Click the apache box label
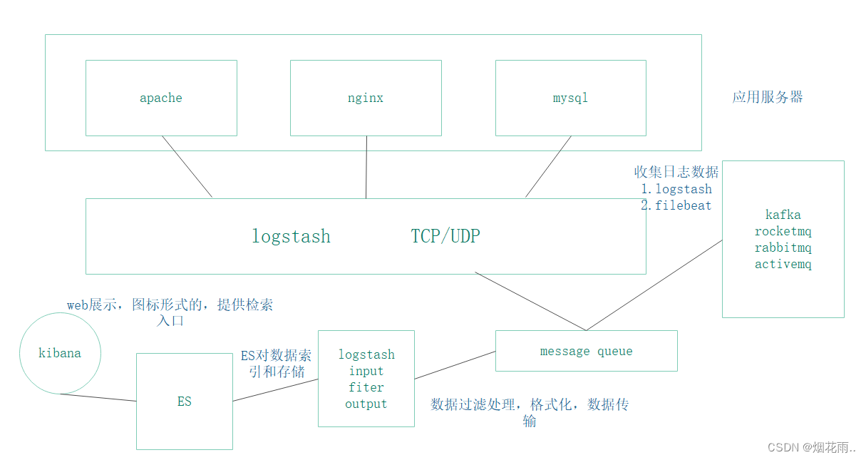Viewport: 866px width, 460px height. point(160,98)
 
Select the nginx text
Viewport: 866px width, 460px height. point(365,98)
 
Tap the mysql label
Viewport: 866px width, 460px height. point(570,98)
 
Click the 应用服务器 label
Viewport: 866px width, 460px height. point(767,98)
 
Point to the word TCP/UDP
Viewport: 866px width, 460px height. point(445,237)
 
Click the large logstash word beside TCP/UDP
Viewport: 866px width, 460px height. point(291,237)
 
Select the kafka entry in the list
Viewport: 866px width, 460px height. point(783,215)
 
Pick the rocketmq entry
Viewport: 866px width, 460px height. point(783,232)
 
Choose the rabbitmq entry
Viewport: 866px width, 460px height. point(783,248)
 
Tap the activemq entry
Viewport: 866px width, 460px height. point(783,265)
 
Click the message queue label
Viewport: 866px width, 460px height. point(586,351)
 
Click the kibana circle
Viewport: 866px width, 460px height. point(60,353)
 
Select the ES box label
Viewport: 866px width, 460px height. point(184,402)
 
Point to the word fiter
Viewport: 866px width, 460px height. point(366,387)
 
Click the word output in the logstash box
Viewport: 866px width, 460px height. point(366,404)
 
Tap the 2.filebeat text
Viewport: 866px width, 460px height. point(676,205)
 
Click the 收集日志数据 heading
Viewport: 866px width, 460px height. point(676,172)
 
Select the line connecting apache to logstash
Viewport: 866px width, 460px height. point(187,166)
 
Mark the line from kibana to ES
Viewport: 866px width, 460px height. point(98,397)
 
